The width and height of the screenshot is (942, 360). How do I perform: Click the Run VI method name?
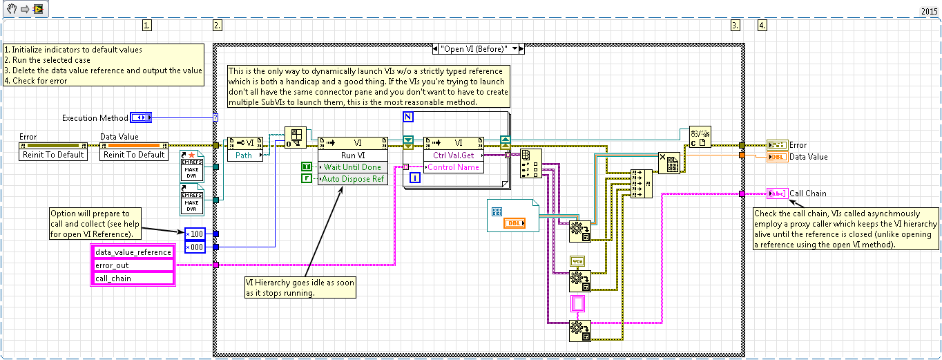(x=352, y=155)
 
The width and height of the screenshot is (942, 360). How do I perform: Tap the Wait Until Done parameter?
(x=352, y=167)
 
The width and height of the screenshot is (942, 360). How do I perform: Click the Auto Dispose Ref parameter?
(x=352, y=179)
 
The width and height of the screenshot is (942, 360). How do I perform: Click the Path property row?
(x=244, y=155)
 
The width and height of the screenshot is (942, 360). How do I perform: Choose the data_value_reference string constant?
(x=133, y=252)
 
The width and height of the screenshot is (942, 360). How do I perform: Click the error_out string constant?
(x=133, y=265)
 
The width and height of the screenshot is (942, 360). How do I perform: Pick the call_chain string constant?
(x=133, y=278)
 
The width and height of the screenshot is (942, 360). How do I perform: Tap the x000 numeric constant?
(x=194, y=247)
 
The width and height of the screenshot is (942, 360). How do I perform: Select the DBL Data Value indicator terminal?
(x=776, y=157)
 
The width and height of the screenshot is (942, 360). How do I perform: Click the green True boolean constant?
(x=307, y=167)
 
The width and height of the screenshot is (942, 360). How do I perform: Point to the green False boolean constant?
(x=307, y=179)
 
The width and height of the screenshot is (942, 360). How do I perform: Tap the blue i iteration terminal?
(x=414, y=178)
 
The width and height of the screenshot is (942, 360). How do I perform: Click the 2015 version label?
(x=930, y=11)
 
